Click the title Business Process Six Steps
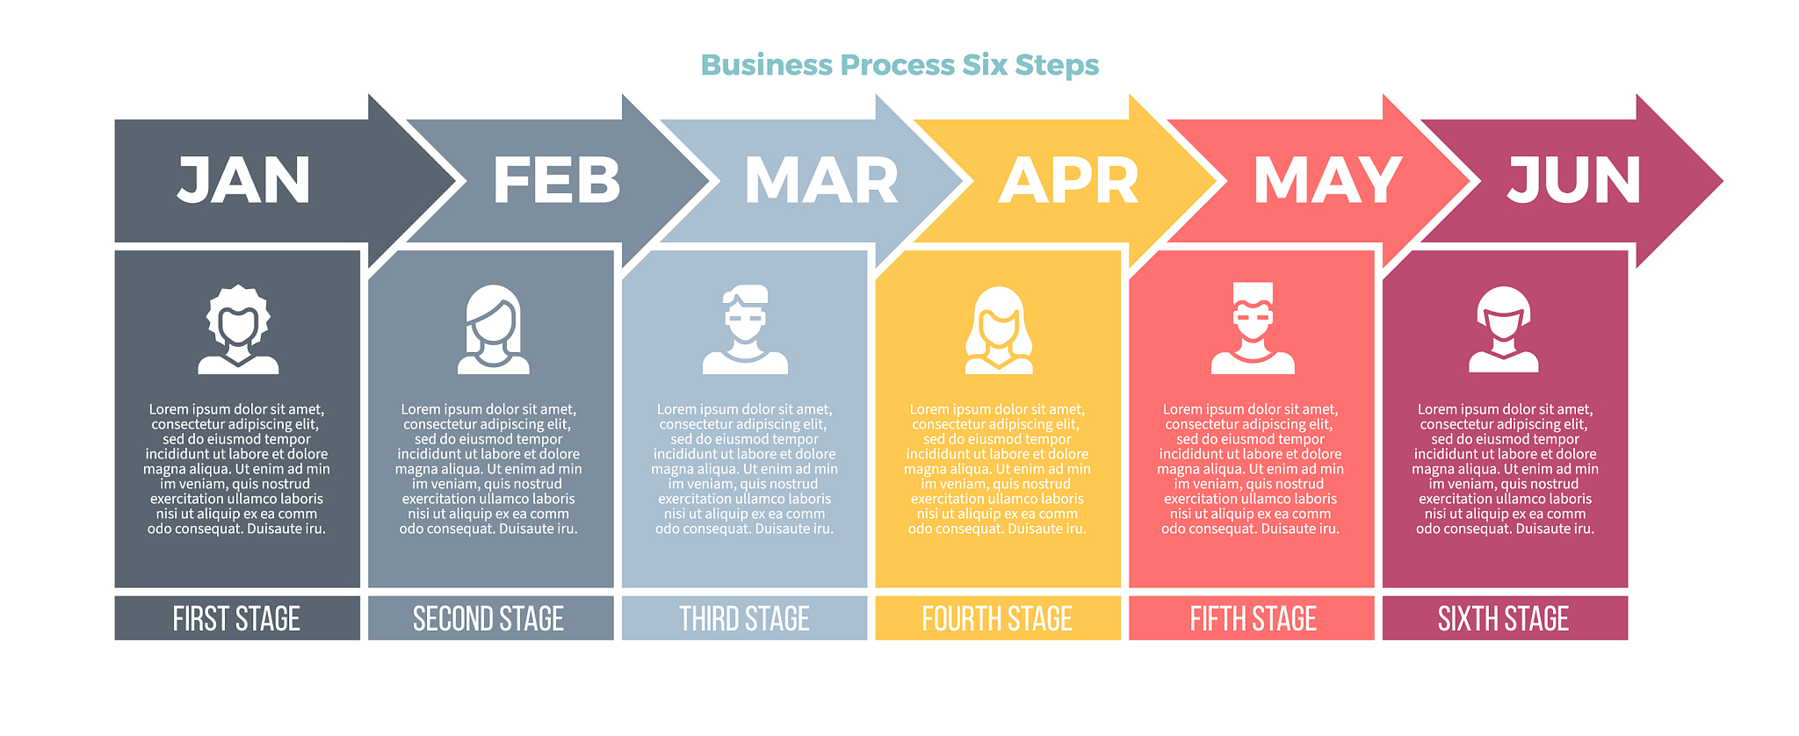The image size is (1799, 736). click(899, 66)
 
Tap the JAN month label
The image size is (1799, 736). click(244, 181)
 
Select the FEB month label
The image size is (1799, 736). click(557, 181)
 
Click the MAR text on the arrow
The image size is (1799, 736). click(821, 181)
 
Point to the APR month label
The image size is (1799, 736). click(1069, 181)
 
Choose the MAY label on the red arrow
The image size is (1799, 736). click(1327, 181)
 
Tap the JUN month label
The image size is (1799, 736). click(1574, 181)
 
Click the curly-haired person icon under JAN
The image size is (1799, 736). click(238, 329)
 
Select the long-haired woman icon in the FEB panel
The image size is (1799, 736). click(493, 329)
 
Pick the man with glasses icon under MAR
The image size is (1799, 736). click(745, 329)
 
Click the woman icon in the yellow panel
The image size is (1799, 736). click(999, 329)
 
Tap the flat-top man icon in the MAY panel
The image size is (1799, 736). click(1253, 328)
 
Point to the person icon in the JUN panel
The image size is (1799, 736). click(1504, 329)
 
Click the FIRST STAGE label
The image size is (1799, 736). click(236, 619)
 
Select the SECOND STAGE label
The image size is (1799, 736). click(488, 619)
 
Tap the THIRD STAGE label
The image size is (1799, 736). click(744, 619)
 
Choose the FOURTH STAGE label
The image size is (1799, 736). click(997, 619)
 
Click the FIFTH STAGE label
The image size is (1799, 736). click(1253, 619)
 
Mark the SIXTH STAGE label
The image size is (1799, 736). click(1503, 619)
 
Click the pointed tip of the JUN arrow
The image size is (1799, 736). click(1723, 181)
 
